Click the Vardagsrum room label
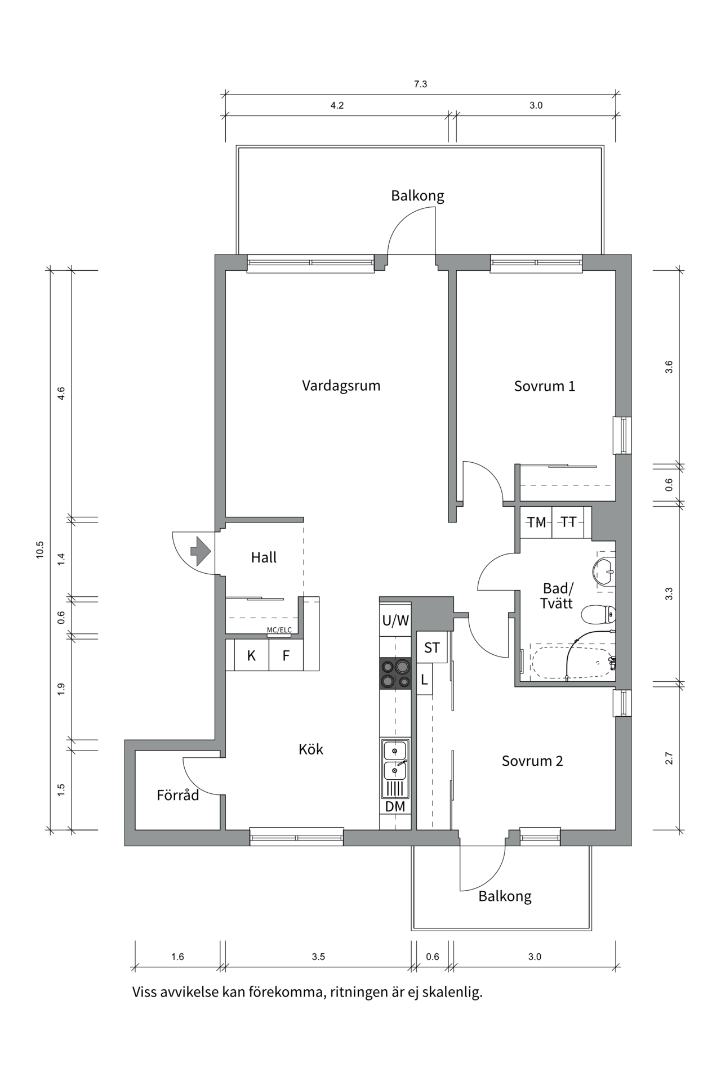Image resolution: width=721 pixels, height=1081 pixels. pos(341,386)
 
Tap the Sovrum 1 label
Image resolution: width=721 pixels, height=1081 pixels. pos(544,386)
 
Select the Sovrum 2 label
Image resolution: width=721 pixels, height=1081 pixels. pos(532,761)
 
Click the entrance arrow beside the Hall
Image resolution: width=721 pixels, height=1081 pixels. pos(201,551)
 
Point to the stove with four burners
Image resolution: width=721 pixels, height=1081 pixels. pos(395,674)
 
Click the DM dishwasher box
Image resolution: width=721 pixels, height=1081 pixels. pos(395,807)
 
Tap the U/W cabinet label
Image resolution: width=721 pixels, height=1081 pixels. pos(395,621)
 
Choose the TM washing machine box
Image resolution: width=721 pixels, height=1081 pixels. pos(536,522)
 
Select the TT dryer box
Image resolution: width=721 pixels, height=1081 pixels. pos(568,522)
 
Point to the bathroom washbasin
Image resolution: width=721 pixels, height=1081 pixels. pos(604,571)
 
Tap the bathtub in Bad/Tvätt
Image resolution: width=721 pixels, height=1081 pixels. pos(572,662)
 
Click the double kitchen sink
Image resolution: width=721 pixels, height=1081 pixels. pos(395,760)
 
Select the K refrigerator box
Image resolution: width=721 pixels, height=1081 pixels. pos(252,655)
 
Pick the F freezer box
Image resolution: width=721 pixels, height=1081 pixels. pos(286,655)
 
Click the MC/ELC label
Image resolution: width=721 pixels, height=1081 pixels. pos(279,630)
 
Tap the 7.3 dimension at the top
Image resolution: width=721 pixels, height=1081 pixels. pos(421,84)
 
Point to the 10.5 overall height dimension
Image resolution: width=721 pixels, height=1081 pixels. pos(39,550)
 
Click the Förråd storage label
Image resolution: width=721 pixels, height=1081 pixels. pos(178,796)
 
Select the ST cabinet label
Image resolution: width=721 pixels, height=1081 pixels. pos(432,647)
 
